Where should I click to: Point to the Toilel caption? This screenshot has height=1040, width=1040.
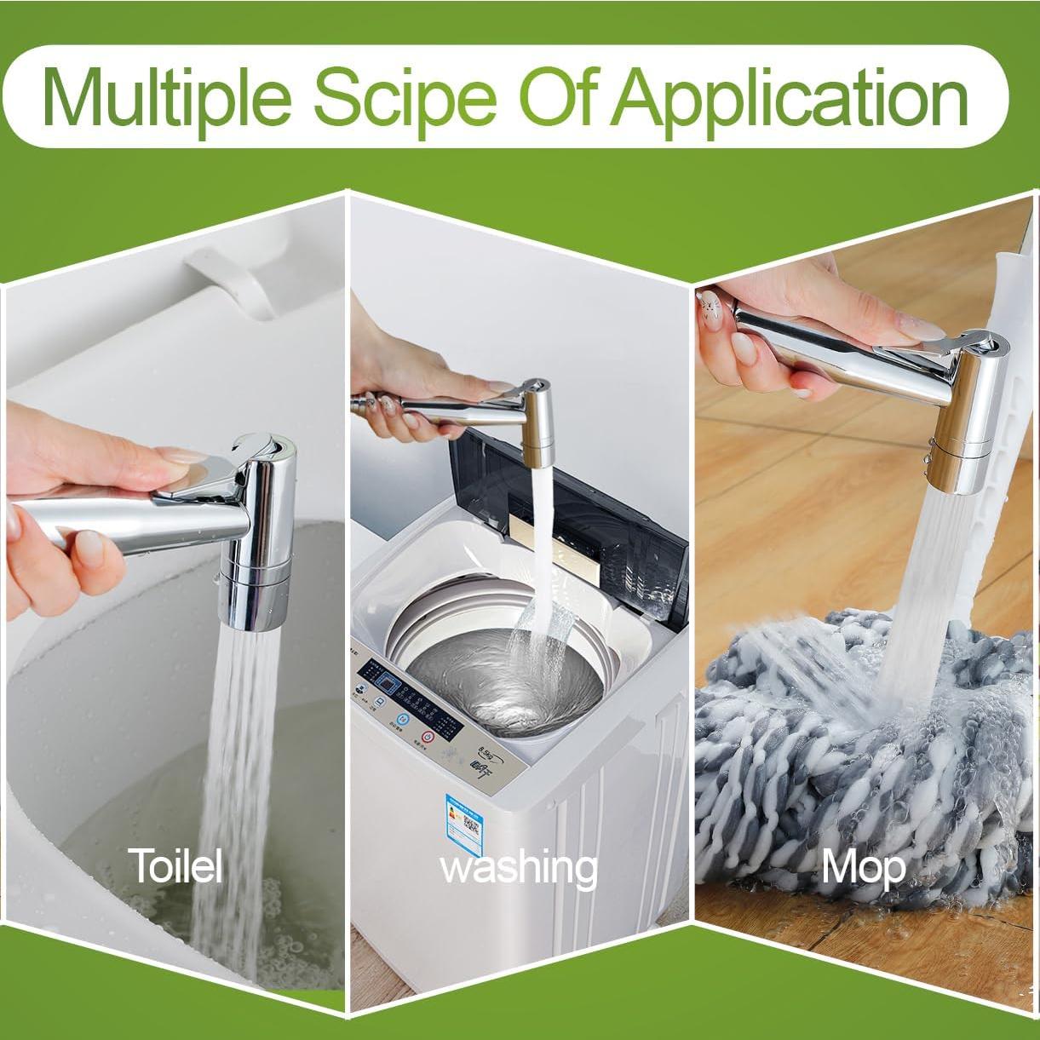click(175, 866)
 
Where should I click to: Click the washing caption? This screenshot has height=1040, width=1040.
click(518, 868)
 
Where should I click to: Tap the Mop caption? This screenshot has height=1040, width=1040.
click(863, 868)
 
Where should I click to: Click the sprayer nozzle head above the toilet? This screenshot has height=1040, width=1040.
click(258, 588)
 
